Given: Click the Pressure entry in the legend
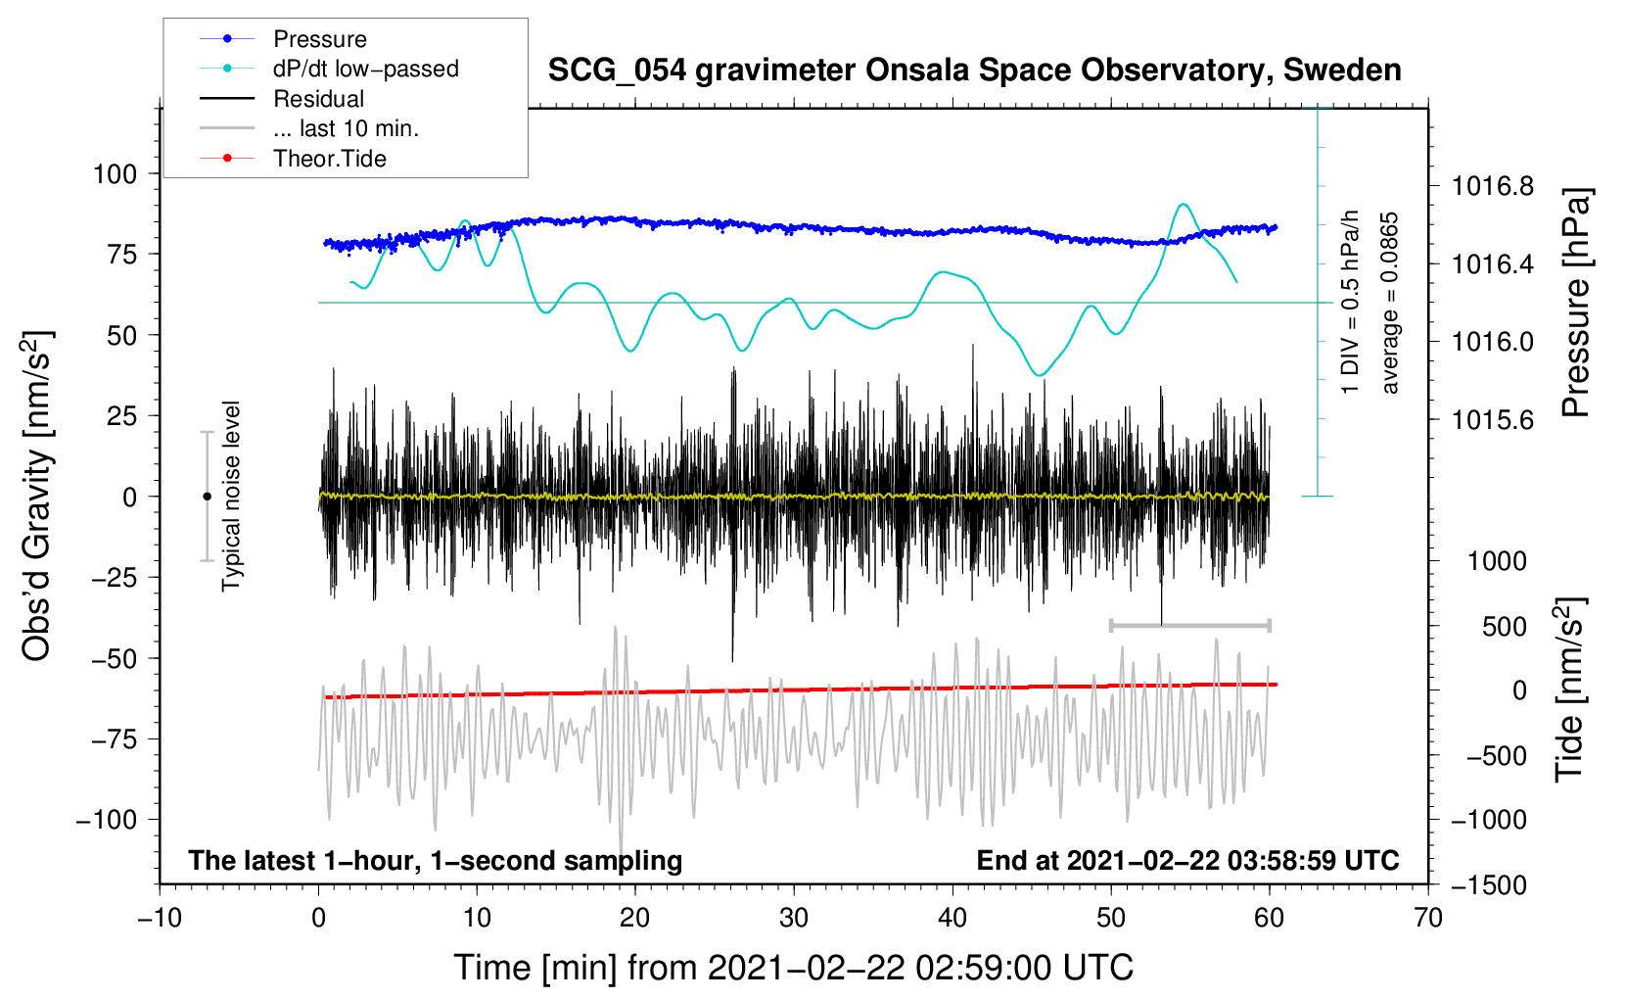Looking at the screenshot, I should pyautogui.click(x=319, y=39).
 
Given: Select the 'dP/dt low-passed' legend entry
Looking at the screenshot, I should pyautogui.click(x=365, y=69).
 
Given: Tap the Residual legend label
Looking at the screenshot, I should pyautogui.click(x=318, y=99).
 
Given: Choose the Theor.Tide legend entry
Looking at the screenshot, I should pyautogui.click(x=329, y=159).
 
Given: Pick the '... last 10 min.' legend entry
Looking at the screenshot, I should pyautogui.click(x=346, y=128).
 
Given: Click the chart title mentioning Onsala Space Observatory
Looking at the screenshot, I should pyautogui.click(x=974, y=71).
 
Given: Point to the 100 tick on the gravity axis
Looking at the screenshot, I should pyautogui.click(x=115, y=174).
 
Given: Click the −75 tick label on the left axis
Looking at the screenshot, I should pyautogui.click(x=115, y=739).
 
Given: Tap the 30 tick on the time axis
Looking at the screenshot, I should pyautogui.click(x=794, y=918).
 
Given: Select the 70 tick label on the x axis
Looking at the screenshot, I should pyautogui.click(x=1428, y=918).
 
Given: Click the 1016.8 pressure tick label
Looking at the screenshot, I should pyautogui.click(x=1493, y=185).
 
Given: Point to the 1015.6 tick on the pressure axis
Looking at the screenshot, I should pyautogui.click(x=1493, y=420).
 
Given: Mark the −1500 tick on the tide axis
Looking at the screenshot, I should pyautogui.click(x=1489, y=885).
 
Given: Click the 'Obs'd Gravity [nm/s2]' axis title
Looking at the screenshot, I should pyautogui.click(x=37, y=496).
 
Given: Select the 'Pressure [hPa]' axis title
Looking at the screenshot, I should pyautogui.click(x=1574, y=303).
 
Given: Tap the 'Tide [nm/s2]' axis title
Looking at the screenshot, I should pyautogui.click(x=1570, y=690).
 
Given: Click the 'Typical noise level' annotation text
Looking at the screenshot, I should pyautogui.click(x=231, y=496).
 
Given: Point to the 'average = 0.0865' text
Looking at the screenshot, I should pyautogui.click(x=1390, y=304).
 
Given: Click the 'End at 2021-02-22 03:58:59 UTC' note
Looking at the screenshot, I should pyautogui.click(x=1187, y=861).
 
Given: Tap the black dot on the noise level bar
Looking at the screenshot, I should pyautogui.click(x=207, y=497).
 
